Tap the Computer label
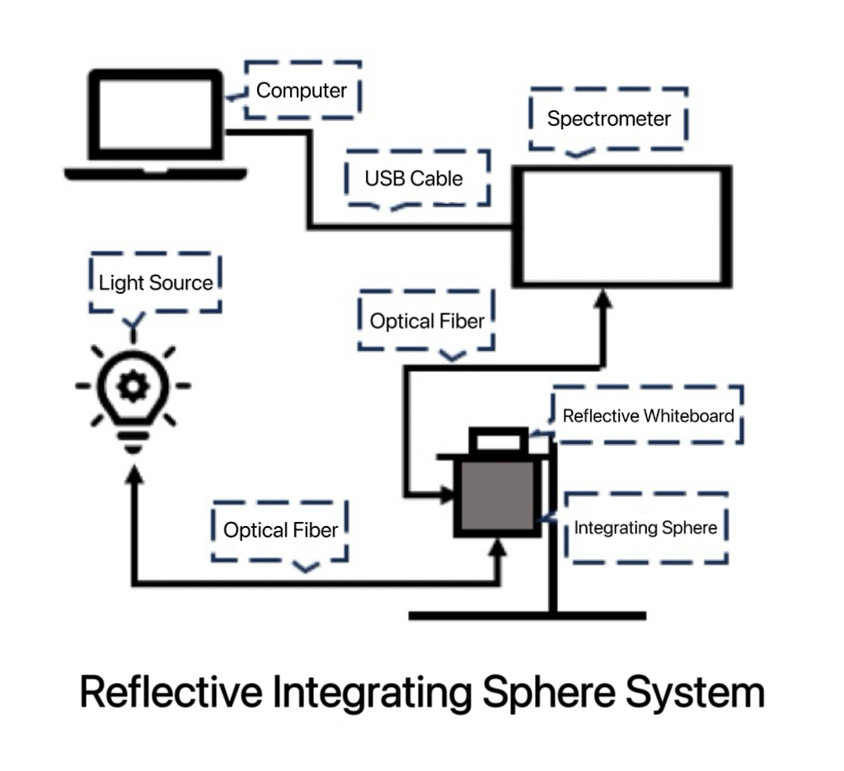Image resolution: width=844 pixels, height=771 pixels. point(301,91)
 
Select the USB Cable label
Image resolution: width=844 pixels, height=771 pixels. point(414,178)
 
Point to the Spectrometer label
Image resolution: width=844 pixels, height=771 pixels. point(608,119)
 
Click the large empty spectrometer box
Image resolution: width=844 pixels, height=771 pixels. point(622,226)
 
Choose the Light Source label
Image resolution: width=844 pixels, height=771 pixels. point(156,284)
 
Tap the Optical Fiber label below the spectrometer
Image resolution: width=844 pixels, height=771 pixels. point(426,321)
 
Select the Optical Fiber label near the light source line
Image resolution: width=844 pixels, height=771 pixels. point(280,530)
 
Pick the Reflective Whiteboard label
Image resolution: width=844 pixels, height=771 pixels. point(648,416)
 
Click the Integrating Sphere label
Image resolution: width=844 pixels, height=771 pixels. point(645,528)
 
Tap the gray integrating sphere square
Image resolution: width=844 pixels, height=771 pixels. point(497,496)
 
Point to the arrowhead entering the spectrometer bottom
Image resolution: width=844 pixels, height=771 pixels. point(604,298)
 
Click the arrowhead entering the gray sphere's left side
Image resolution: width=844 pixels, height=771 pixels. point(447,496)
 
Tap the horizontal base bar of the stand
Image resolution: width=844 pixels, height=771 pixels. point(527,615)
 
